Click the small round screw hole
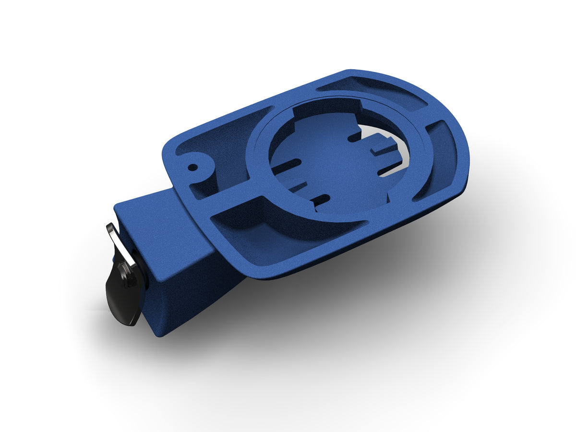pos(192,168)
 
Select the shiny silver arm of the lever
pos(116,240)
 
